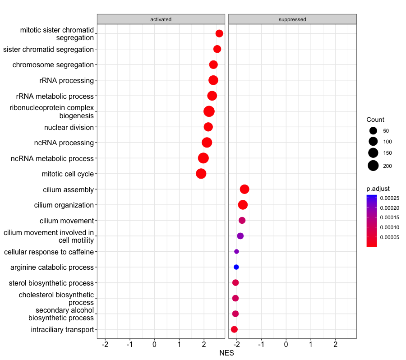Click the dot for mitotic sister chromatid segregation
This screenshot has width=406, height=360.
click(219, 33)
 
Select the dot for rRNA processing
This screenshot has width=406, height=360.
click(213, 80)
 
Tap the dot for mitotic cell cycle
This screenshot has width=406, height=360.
click(201, 174)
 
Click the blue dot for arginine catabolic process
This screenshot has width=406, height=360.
click(236, 267)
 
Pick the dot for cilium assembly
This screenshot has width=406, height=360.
click(245, 189)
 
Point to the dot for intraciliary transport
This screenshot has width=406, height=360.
click(234, 329)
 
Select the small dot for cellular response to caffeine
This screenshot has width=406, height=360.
click(236, 251)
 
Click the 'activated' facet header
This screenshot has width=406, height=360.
click(161, 19)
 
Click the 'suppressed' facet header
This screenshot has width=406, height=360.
click(292, 19)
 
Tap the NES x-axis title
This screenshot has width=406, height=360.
click(226, 353)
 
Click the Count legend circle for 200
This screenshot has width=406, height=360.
click(373, 166)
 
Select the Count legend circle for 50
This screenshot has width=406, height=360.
click(373, 131)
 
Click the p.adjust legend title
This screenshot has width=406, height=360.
click(378, 188)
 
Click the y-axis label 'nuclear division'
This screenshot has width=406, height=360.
click(69, 127)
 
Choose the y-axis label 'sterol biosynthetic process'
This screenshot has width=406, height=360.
click(51, 283)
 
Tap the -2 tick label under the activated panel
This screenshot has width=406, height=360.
click(105, 345)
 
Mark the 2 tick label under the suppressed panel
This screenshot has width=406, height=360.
click(335, 345)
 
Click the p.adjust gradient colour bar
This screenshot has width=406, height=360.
click(372, 221)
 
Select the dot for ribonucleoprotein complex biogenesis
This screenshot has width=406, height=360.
click(209, 111)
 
